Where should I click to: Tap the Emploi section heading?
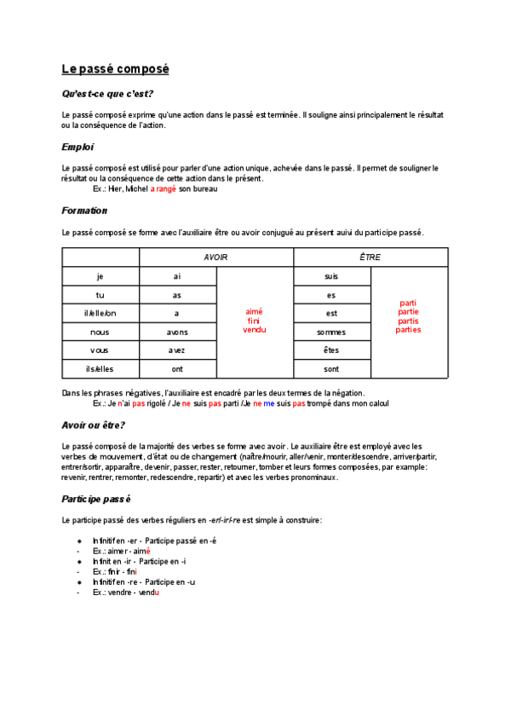(x=78, y=147)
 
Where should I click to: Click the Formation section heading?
(x=84, y=211)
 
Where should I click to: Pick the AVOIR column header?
(x=215, y=257)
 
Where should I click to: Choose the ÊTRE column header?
(x=370, y=257)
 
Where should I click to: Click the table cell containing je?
(x=100, y=276)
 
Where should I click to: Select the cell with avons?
(x=177, y=333)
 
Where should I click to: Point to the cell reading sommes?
(x=331, y=333)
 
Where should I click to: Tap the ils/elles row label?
(x=100, y=369)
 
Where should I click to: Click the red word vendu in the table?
(x=255, y=329)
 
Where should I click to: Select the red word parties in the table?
(x=408, y=330)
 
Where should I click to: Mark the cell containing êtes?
(x=331, y=350)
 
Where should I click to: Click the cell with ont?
(x=177, y=369)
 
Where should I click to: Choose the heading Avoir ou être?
(x=94, y=425)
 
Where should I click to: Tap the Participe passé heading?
(x=96, y=498)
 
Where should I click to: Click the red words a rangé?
(x=164, y=189)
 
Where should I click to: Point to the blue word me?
(x=269, y=403)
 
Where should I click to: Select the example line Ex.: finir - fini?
(x=115, y=571)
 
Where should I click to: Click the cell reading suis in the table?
(x=331, y=276)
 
